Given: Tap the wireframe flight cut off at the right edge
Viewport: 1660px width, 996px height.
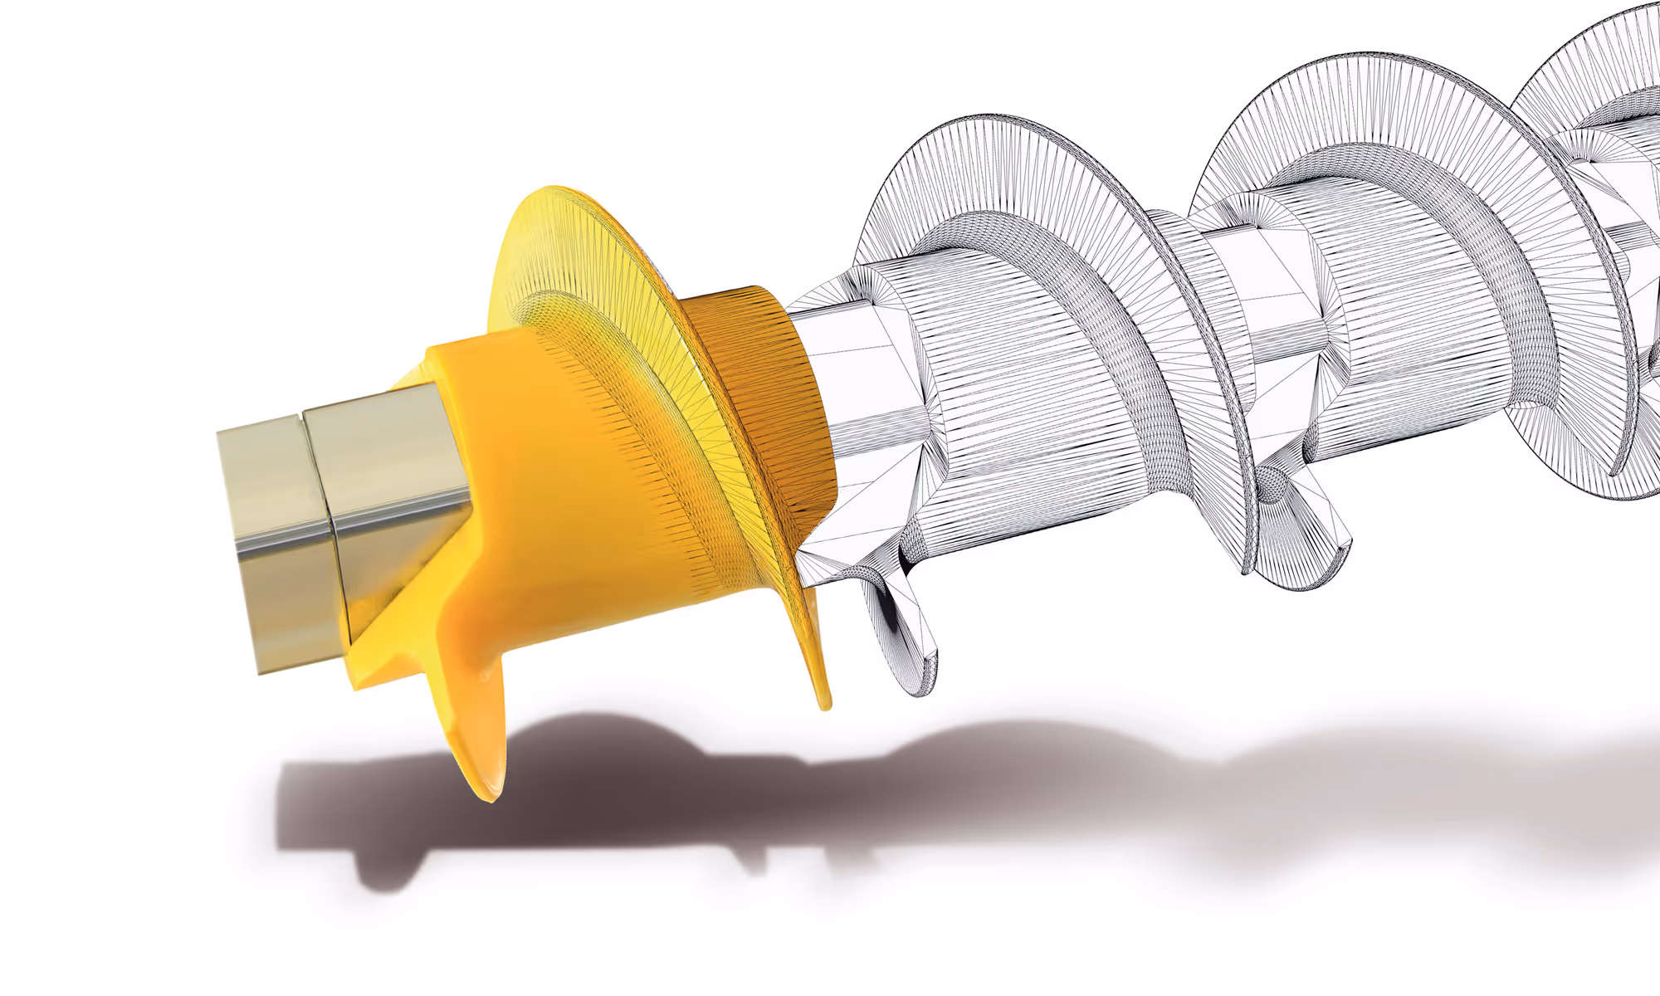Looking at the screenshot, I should [1602, 66].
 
